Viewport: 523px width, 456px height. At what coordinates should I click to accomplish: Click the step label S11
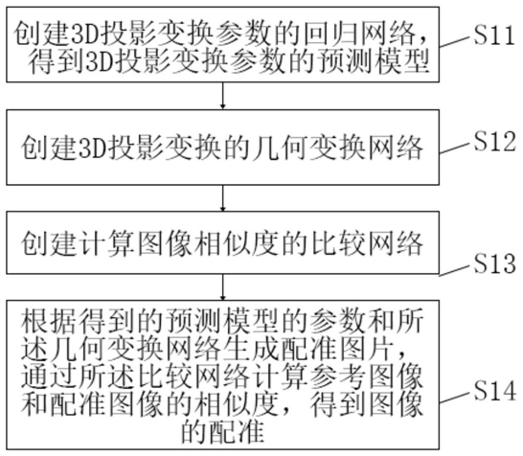pyautogui.click(x=494, y=34)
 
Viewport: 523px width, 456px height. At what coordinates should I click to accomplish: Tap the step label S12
pyautogui.click(x=495, y=142)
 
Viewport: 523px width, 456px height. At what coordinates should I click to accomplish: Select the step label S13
pyautogui.click(x=495, y=263)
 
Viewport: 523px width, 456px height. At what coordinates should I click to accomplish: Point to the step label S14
pyautogui.click(x=495, y=391)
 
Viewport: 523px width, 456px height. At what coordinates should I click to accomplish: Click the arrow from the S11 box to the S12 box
pyautogui.click(x=223, y=96)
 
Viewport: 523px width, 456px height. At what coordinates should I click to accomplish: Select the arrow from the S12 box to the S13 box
pyautogui.click(x=223, y=198)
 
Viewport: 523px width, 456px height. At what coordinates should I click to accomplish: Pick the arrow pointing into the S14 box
pyautogui.click(x=223, y=287)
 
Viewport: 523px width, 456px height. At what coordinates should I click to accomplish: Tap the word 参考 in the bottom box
pyautogui.click(x=338, y=377)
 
